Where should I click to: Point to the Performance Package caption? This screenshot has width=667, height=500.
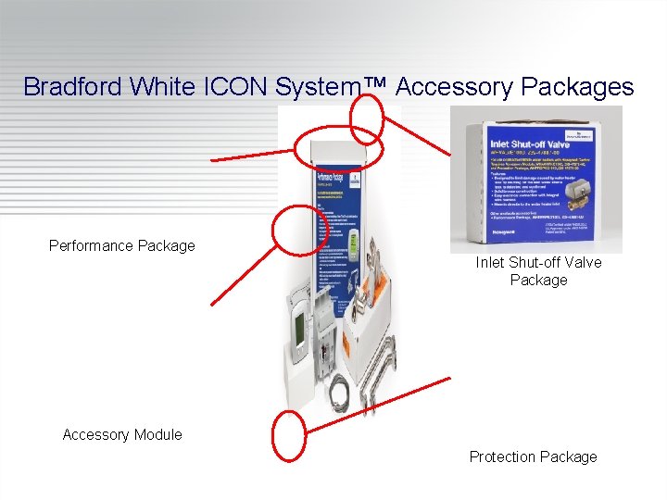pos(122,245)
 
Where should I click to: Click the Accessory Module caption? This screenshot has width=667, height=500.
pos(122,434)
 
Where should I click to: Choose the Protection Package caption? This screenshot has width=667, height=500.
pos(533,456)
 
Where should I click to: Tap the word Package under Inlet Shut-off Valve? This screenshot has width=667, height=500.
pos(538,280)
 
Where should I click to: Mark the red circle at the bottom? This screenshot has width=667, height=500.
pos(290,435)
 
